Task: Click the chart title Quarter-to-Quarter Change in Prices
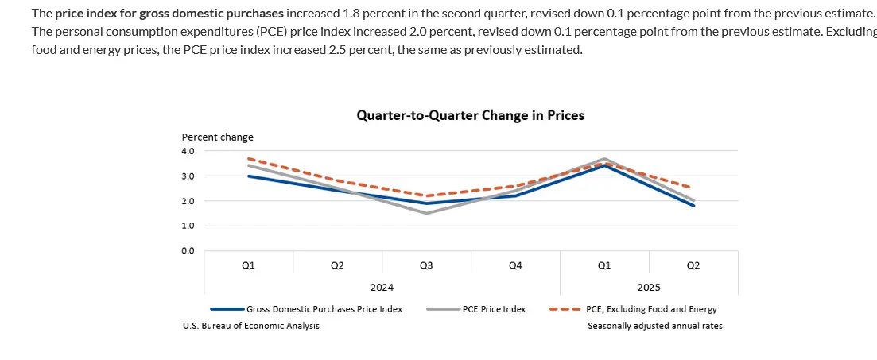470,116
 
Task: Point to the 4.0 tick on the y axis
188,150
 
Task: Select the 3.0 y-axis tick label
188,176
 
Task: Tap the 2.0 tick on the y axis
188,201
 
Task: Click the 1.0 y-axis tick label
188,226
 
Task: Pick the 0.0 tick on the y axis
188,251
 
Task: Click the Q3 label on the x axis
426,265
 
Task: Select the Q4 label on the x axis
515,265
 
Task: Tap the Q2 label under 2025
693,265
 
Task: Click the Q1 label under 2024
248,265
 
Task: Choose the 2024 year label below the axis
382,287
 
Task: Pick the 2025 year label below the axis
649,287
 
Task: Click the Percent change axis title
218,137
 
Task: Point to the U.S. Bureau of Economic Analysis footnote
251,326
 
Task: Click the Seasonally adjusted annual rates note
655,326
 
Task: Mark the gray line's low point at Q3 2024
426,213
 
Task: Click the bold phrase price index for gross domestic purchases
169,14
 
